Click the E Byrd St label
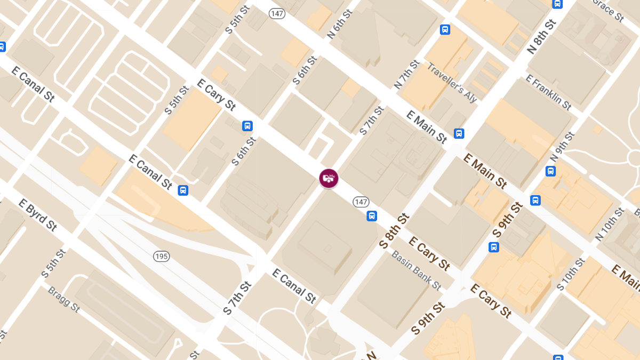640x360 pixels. pyautogui.click(x=37, y=215)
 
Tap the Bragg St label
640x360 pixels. pyautogui.click(x=63, y=300)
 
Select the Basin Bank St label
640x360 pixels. pyautogui.click(x=416, y=270)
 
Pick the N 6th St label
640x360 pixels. pyautogui.click(x=340, y=24)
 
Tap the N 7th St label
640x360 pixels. pyautogui.click(x=406, y=74)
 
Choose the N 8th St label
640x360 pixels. pyautogui.click(x=541, y=37)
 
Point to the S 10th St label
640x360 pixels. pyautogui.click(x=571, y=274)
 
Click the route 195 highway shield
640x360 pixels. pyautogui.click(x=162, y=257)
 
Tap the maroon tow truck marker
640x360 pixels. pyautogui.click(x=329, y=178)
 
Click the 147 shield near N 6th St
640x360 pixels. pyautogui.click(x=277, y=13)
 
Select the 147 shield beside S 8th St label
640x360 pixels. pyautogui.click(x=361, y=202)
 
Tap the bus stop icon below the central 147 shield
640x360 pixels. pyautogui.click(x=372, y=216)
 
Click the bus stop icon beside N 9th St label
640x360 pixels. pyautogui.click(x=550, y=171)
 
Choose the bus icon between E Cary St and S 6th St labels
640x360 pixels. pyautogui.click(x=247, y=126)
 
